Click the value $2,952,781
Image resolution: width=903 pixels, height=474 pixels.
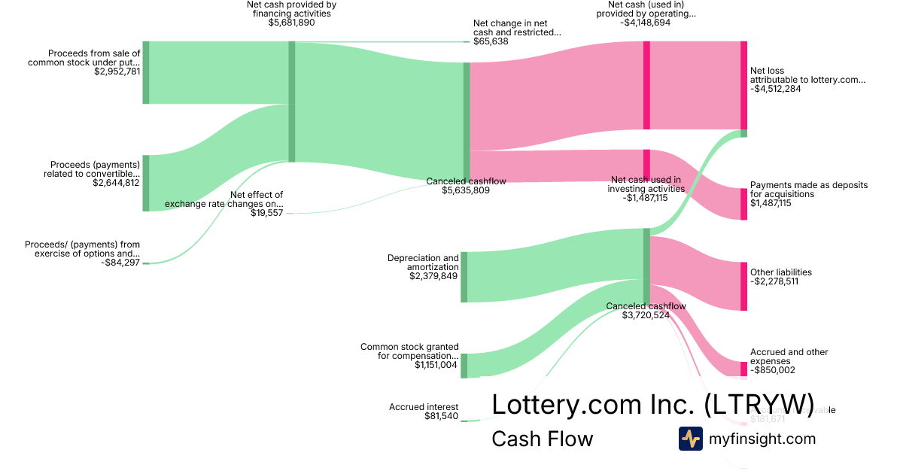click(x=117, y=72)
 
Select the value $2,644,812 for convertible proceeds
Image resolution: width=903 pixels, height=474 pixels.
click(x=116, y=182)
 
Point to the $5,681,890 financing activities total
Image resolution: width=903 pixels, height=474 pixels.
click(x=291, y=23)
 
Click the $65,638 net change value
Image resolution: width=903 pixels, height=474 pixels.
click(x=491, y=41)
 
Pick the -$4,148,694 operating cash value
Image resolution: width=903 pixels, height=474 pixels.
click(x=651, y=23)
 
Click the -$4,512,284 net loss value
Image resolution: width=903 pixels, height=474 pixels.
click(x=775, y=88)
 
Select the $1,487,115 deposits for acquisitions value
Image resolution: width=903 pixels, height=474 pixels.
click(x=771, y=203)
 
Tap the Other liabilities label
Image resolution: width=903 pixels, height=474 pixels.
click(x=780, y=272)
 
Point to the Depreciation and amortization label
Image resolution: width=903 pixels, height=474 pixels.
click(x=423, y=263)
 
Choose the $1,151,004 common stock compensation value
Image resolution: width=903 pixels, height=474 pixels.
click(x=436, y=365)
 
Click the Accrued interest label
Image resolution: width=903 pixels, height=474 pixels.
click(x=424, y=407)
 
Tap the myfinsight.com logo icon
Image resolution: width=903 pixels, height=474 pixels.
click(x=690, y=439)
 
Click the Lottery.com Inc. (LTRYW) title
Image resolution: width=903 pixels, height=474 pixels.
click(x=652, y=404)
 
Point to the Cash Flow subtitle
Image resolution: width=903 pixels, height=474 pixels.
click(x=542, y=439)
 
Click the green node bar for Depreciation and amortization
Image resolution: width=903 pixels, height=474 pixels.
click(x=464, y=277)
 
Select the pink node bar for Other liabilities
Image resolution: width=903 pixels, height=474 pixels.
click(x=743, y=286)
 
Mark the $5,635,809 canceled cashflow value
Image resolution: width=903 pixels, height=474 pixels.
click(x=466, y=191)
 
